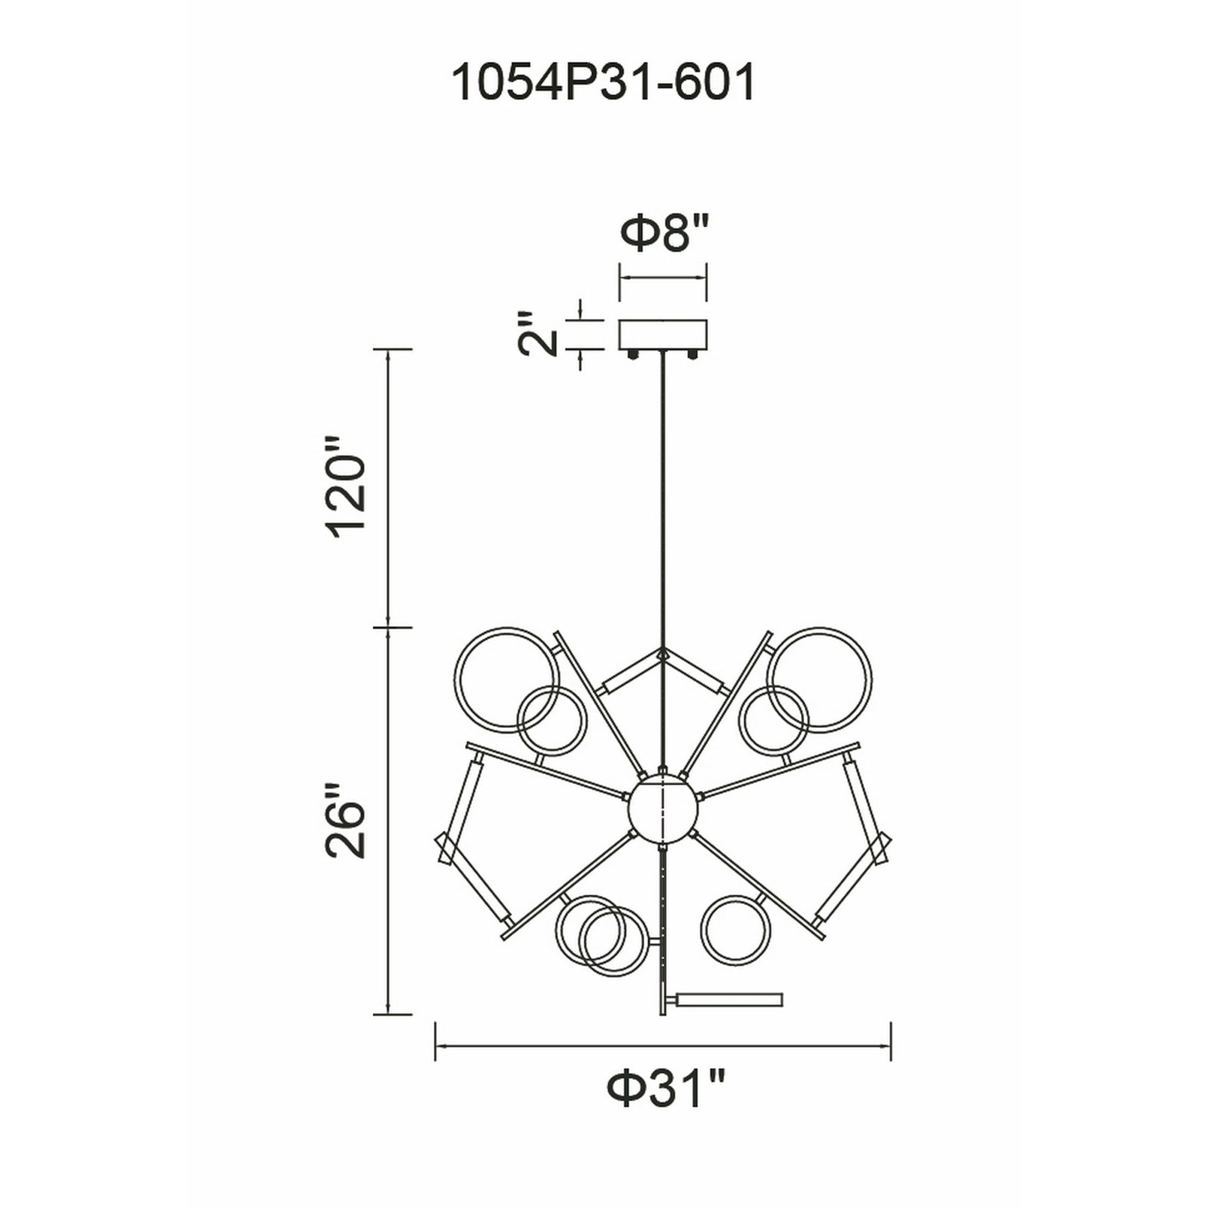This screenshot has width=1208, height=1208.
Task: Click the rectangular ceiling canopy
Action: coord(663,335)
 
